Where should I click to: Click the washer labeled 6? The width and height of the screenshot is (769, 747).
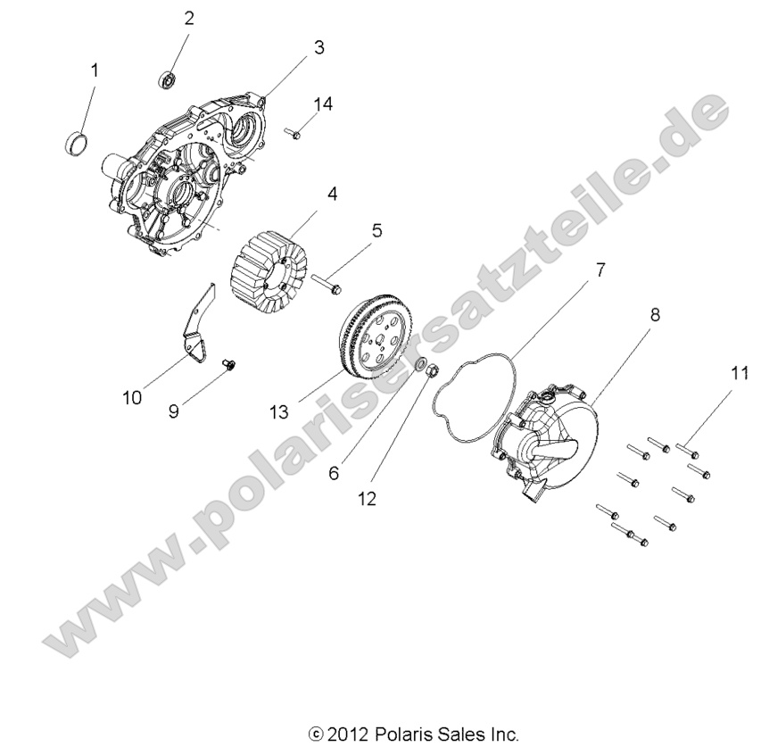pos(418,366)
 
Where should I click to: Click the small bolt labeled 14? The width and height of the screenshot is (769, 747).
pos(294,134)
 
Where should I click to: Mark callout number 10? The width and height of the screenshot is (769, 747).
pos(133,397)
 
